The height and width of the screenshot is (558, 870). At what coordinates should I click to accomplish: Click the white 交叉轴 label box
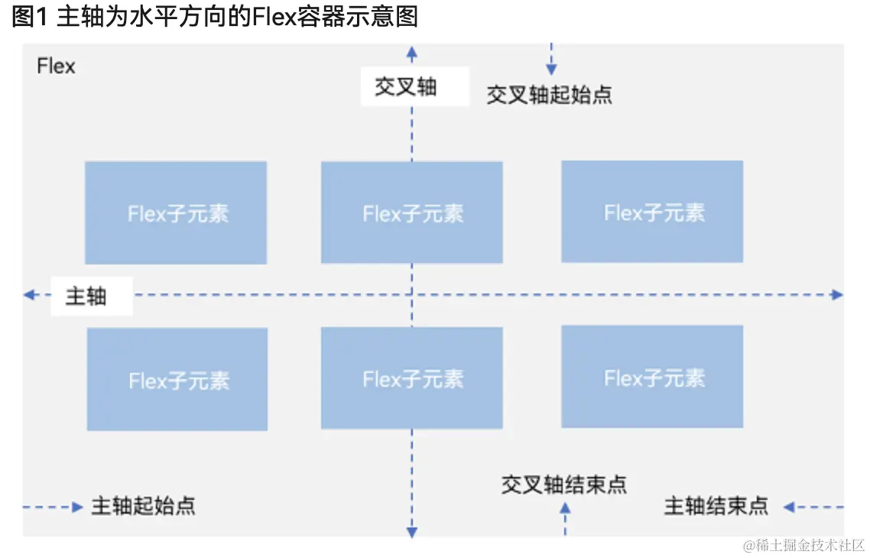pos(415,86)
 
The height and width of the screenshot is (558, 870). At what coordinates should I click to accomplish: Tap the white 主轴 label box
pos(92,296)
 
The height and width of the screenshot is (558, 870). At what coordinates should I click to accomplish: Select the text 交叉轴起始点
pos(550,95)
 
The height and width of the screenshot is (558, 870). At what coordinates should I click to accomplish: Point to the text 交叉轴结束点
pos(563,485)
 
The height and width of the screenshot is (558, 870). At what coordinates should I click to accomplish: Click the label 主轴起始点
pos(143,506)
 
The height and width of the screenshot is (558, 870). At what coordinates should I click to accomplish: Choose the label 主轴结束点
pos(716,506)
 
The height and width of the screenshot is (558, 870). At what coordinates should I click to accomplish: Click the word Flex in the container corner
pos(56,66)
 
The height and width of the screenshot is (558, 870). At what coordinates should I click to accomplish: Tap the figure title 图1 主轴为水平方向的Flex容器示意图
pos(214,17)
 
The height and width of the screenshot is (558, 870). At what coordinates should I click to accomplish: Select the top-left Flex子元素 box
pos(176,213)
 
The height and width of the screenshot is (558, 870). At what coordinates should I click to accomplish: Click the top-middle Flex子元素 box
pos(412,212)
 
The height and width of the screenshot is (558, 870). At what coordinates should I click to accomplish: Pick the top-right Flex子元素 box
pos(652,211)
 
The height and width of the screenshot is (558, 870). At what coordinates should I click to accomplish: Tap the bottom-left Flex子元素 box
pos(177,379)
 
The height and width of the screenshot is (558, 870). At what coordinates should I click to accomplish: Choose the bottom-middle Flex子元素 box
pos(412,378)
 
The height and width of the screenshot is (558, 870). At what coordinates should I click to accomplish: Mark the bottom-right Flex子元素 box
pos(652,377)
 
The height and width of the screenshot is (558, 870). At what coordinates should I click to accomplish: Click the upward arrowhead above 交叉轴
pos(412,53)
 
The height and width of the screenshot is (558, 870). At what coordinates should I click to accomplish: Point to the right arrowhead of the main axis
pos(837,295)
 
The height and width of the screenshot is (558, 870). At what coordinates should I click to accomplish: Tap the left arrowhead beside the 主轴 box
pos(29,295)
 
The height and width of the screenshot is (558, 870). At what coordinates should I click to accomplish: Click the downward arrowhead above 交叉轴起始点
pos(551,70)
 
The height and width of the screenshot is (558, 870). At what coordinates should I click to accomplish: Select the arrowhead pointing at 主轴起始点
pos(77,507)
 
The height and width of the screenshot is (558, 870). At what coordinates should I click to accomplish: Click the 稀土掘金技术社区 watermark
pos(803,545)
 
